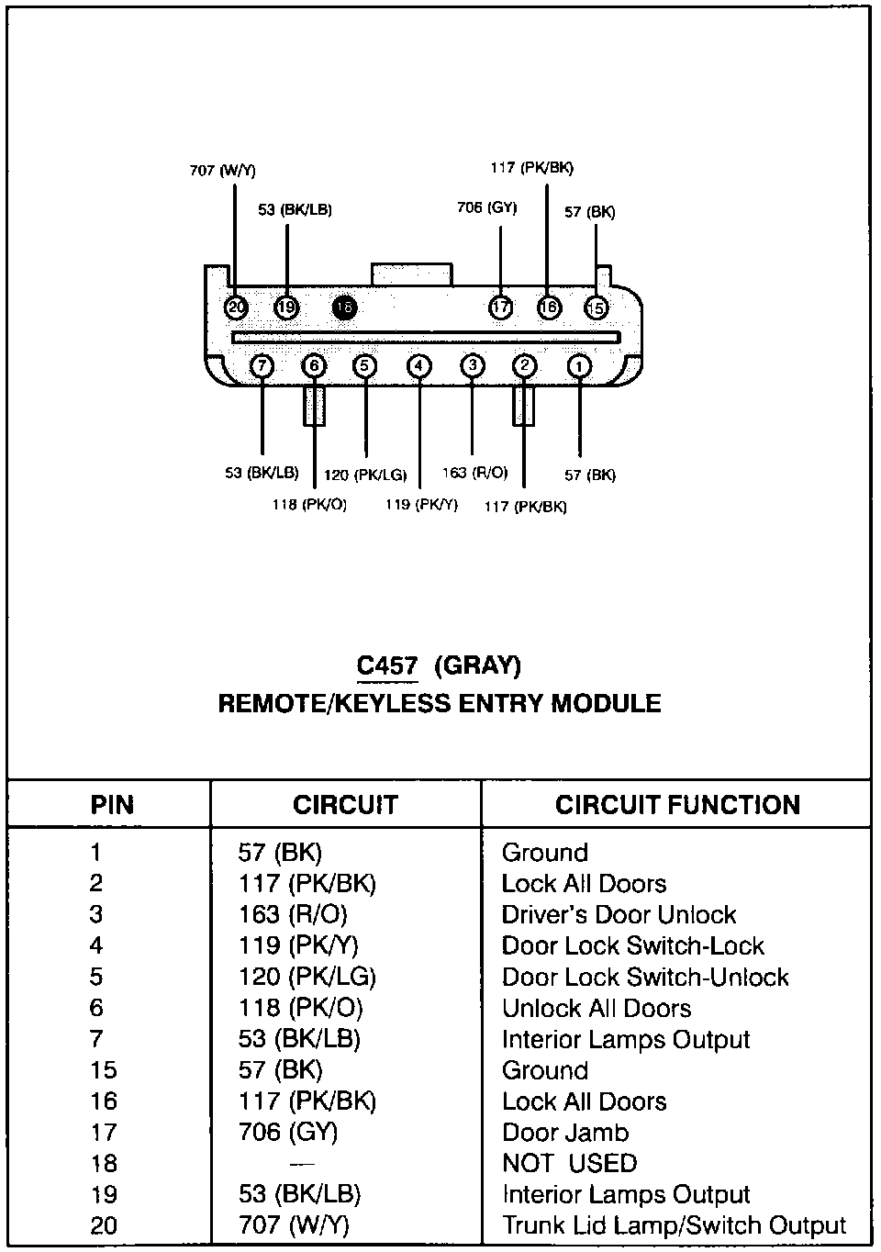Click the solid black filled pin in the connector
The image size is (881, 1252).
click(344, 307)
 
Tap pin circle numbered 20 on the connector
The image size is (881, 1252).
click(236, 307)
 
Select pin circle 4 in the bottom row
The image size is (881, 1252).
click(418, 366)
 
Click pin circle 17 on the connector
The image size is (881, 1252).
click(500, 307)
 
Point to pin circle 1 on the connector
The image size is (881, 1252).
click(579, 366)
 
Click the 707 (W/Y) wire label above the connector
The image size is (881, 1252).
click(222, 171)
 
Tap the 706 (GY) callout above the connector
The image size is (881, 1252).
click(486, 207)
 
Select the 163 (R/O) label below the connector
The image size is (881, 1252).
click(474, 473)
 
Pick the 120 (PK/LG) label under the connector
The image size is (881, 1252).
click(365, 475)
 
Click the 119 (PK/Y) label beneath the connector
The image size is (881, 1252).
click(421, 504)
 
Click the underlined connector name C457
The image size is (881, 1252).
click(387, 665)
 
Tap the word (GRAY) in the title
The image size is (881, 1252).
click(477, 665)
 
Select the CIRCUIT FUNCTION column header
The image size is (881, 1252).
click(677, 805)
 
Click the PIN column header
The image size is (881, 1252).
click(112, 805)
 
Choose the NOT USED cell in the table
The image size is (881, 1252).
click(569, 1163)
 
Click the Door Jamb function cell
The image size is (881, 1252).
click(564, 1132)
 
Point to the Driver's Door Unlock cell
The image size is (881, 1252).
click(619, 914)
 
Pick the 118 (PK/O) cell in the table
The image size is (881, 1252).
click(300, 1008)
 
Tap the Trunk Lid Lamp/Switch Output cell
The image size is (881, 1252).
click(674, 1225)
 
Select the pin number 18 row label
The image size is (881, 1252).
click(104, 1163)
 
